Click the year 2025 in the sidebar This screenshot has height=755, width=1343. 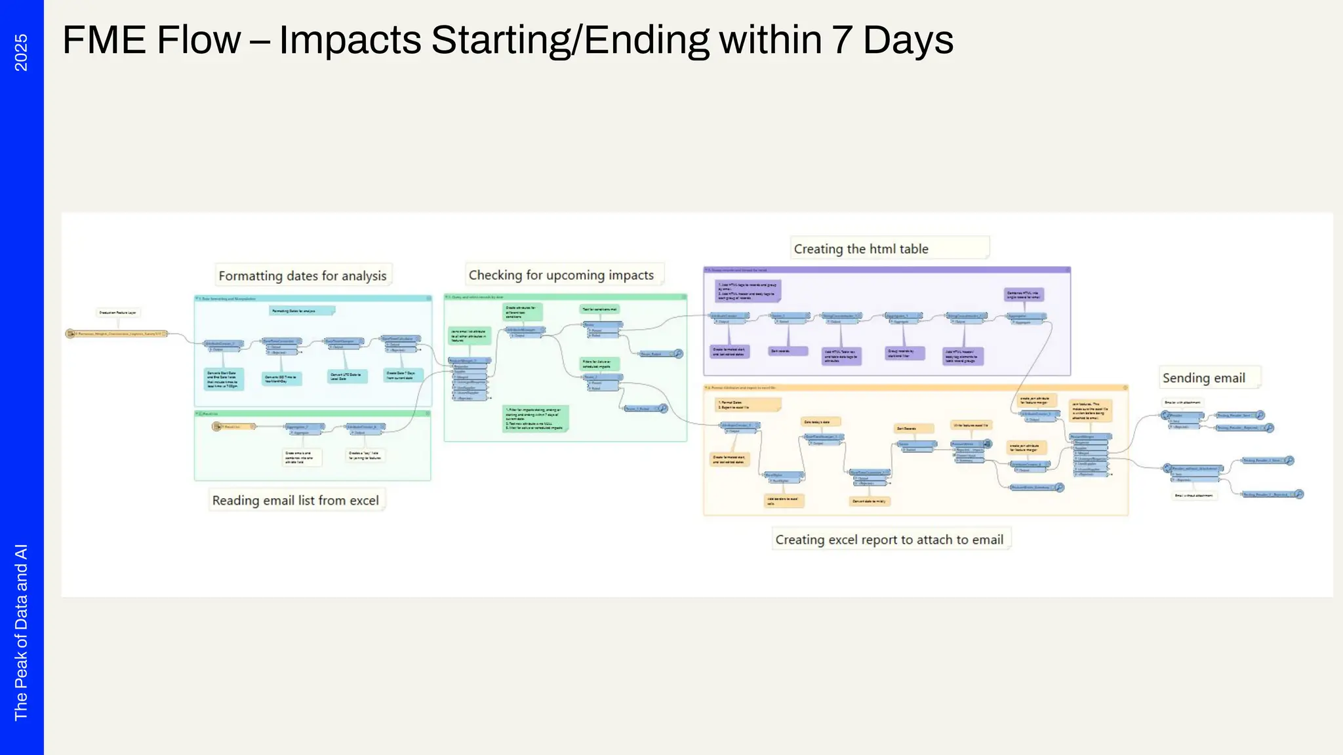pyautogui.click(x=21, y=52)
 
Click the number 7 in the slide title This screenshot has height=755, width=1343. pyautogui.click(x=842, y=40)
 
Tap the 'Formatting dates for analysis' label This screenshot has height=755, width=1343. pyautogui.click(x=302, y=276)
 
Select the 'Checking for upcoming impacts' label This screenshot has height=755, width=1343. pyautogui.click(x=561, y=275)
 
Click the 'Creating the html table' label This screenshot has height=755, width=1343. pyautogui.click(x=860, y=249)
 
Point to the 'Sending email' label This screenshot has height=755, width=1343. pyautogui.click(x=1203, y=378)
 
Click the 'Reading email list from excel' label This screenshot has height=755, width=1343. pyautogui.click(x=295, y=501)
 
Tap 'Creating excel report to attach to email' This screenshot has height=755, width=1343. pyautogui.click(x=889, y=540)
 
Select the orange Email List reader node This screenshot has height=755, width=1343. pyautogui.click(x=232, y=427)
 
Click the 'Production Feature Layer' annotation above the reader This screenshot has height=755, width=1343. pyautogui.click(x=117, y=313)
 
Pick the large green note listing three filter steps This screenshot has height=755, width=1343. pyautogui.click(x=535, y=419)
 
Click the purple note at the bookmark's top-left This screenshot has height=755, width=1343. pyautogui.click(x=747, y=290)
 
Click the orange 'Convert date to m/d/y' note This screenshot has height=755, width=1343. pyautogui.click(x=869, y=501)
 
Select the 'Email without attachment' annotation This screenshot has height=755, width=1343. pyautogui.click(x=1193, y=495)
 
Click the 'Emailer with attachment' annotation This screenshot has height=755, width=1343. pyautogui.click(x=1182, y=402)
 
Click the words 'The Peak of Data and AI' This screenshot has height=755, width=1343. pyautogui.click(x=21, y=632)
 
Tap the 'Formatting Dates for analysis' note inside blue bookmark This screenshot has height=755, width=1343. pyautogui.click(x=301, y=311)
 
